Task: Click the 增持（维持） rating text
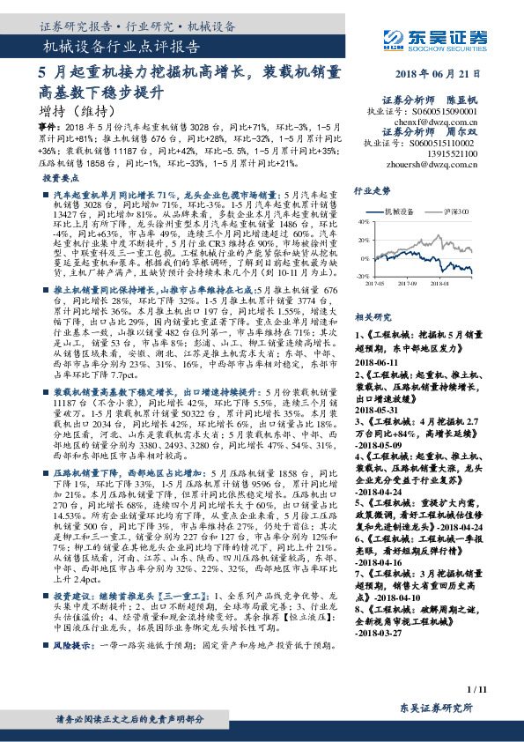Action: point(77,112)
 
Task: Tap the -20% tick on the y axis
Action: point(363,276)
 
